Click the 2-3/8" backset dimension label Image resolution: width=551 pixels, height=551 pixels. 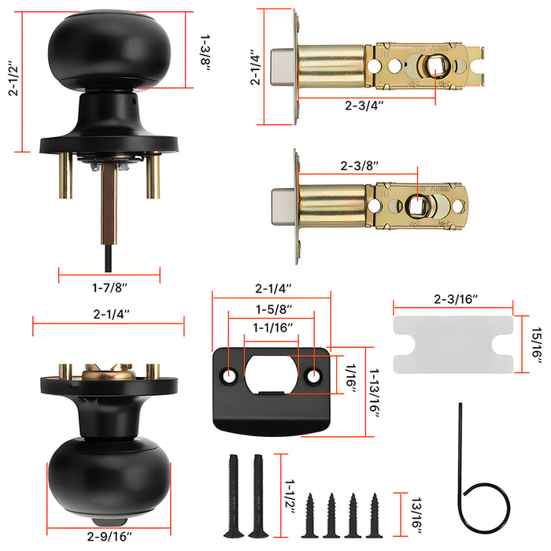pyautogui.click(x=360, y=166)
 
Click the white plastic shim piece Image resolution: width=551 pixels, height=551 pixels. pyautogui.click(x=453, y=344)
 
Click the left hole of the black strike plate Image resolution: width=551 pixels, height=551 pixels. pyautogui.click(x=231, y=375)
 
